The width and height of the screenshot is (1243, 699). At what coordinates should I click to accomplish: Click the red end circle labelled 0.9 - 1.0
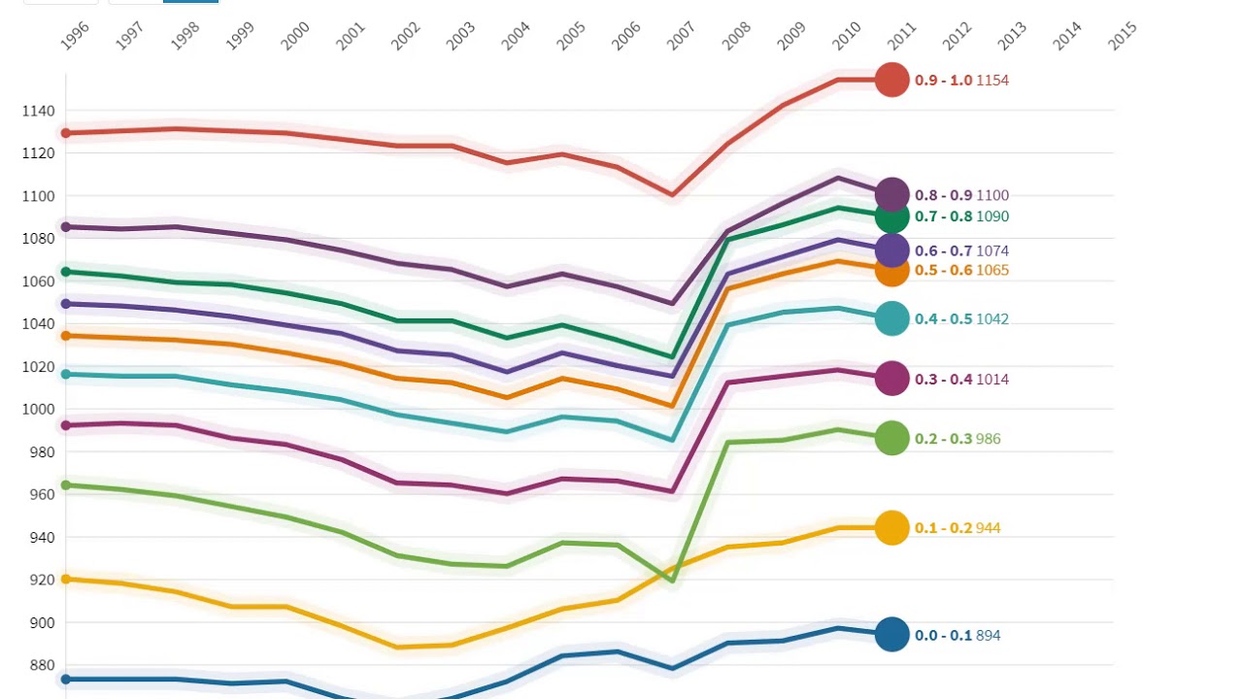891,80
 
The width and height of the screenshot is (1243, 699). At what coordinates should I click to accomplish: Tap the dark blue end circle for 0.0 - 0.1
891,635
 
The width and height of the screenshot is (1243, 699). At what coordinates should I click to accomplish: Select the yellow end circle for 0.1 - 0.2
891,527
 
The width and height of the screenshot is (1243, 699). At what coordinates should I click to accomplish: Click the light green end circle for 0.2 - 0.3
891,438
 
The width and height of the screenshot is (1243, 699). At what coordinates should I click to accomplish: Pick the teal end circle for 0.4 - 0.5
891,318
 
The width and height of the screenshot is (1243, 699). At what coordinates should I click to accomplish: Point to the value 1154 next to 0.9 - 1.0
992,81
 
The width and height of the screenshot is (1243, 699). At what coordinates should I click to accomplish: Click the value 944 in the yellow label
988,528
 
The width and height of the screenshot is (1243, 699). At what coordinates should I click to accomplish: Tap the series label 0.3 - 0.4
943,380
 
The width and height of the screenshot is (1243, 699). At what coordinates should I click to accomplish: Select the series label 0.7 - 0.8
943,216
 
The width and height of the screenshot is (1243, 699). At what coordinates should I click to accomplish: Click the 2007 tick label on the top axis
682,37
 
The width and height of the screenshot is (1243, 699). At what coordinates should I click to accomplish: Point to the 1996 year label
75,37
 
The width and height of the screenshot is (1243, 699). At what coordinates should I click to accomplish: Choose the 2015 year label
1123,37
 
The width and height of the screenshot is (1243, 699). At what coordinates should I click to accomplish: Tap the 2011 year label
902,37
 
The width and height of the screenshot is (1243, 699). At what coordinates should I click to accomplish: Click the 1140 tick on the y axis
38,111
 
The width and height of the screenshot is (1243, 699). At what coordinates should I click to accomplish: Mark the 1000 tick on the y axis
38,409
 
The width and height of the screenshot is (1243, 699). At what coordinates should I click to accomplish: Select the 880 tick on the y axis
41,665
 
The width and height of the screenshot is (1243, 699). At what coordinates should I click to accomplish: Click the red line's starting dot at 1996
66,133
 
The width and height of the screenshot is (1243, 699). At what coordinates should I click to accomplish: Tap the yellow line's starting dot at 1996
66,580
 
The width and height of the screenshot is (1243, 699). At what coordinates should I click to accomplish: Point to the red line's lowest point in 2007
672,194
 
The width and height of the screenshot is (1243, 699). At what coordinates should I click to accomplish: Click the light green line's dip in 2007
672,581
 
